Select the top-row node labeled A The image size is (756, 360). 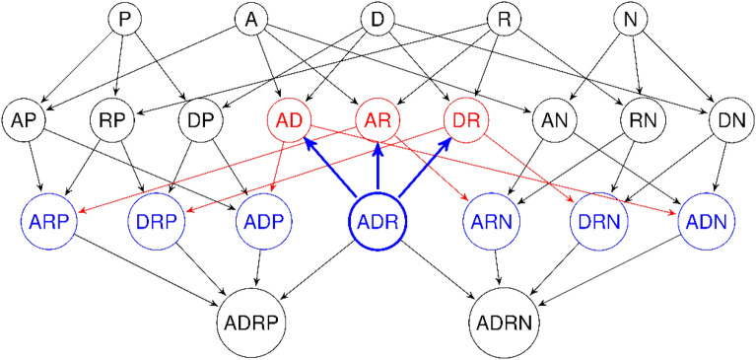click(x=250, y=20)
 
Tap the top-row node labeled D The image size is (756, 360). click(x=378, y=20)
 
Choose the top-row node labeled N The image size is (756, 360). click(x=630, y=20)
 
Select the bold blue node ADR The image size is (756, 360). click(x=378, y=219)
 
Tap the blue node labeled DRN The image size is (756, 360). click(x=595, y=219)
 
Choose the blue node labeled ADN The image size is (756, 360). click(x=704, y=219)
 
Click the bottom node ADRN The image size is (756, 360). click(x=504, y=322)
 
